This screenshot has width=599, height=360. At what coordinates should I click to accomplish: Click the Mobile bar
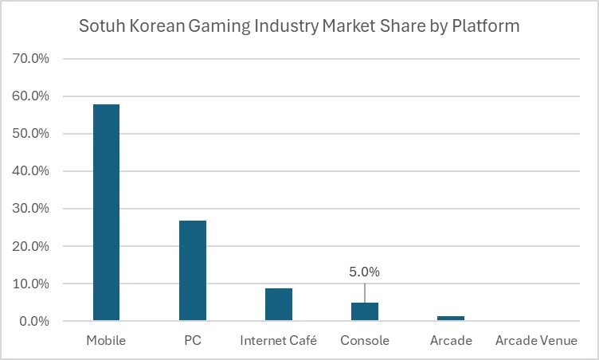point(106,213)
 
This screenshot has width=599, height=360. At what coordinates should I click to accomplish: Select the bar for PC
point(192,271)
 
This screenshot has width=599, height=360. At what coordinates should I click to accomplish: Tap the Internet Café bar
point(278,304)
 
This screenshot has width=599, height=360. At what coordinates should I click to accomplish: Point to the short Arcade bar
point(451,319)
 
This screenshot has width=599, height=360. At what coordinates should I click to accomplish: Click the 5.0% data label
point(365,272)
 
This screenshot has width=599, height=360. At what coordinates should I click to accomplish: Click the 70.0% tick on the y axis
point(30,59)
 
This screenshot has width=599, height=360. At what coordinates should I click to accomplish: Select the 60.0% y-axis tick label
point(30,96)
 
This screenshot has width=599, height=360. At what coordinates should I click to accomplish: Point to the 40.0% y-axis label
point(30,171)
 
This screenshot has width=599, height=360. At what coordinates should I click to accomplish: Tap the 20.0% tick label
point(30,246)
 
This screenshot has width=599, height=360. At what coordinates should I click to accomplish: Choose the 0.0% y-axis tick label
point(33,321)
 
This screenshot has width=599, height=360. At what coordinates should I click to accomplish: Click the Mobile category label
point(106,341)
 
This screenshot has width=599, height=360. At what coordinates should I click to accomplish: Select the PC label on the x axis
point(192,341)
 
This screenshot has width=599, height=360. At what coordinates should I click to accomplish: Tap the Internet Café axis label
point(278,341)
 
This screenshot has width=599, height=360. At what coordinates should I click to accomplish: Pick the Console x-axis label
point(365,341)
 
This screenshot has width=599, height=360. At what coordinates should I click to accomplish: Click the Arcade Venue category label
point(536,341)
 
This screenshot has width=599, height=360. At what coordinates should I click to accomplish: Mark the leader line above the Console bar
point(365,292)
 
